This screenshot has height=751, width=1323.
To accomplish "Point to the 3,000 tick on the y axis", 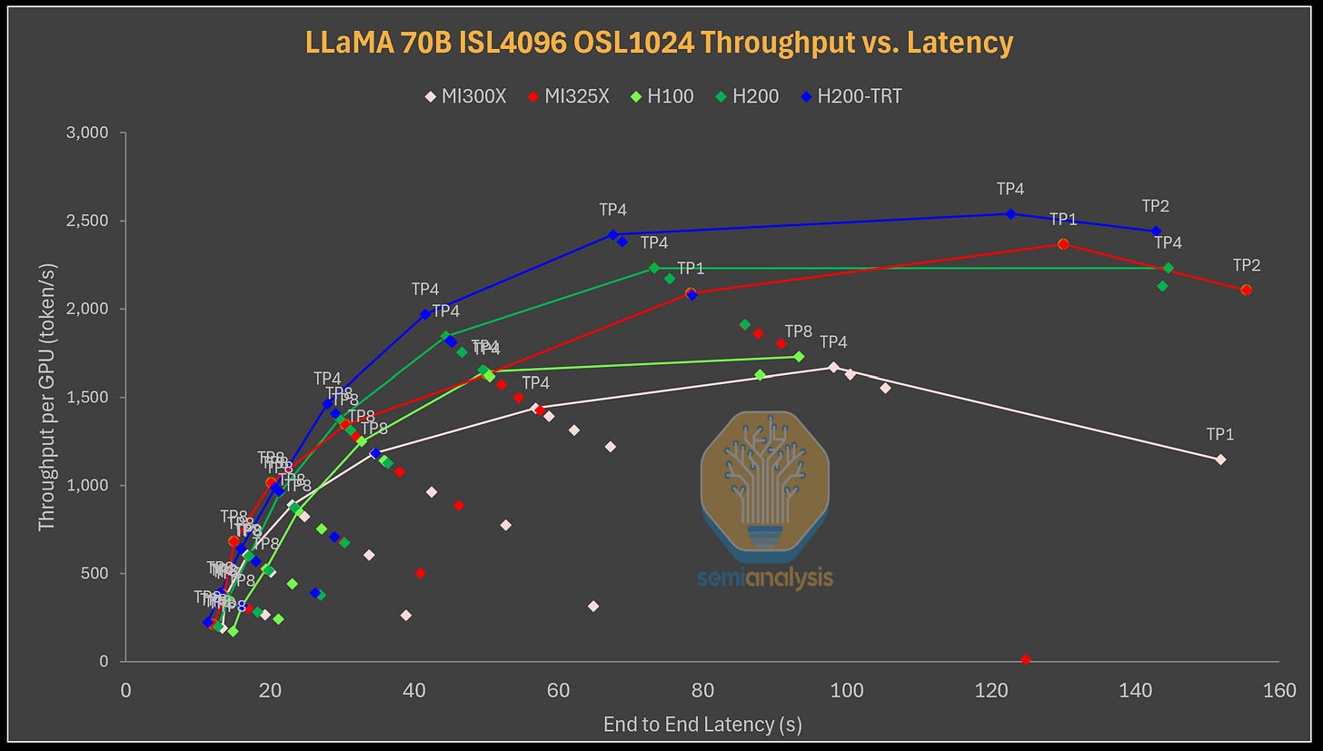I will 89,133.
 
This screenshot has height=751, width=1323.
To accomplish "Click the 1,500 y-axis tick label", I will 89,397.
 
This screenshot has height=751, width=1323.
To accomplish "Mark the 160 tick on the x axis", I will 1279,691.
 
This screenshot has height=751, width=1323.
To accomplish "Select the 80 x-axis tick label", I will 702,691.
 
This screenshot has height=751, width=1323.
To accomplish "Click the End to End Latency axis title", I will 702,724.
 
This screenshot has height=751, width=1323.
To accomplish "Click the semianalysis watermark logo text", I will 765,578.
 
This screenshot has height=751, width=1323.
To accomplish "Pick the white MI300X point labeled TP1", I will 1220,459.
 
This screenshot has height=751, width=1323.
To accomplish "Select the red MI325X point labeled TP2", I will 1246,290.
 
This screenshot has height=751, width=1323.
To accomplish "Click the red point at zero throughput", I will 1026,659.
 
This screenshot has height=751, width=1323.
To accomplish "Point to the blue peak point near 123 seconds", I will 1010,213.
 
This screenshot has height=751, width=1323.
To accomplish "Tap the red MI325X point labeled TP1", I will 1063,243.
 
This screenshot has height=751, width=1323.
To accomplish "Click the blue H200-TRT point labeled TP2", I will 1156,231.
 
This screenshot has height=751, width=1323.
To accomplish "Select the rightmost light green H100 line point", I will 799,356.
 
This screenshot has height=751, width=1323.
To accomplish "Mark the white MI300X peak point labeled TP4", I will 833,367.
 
